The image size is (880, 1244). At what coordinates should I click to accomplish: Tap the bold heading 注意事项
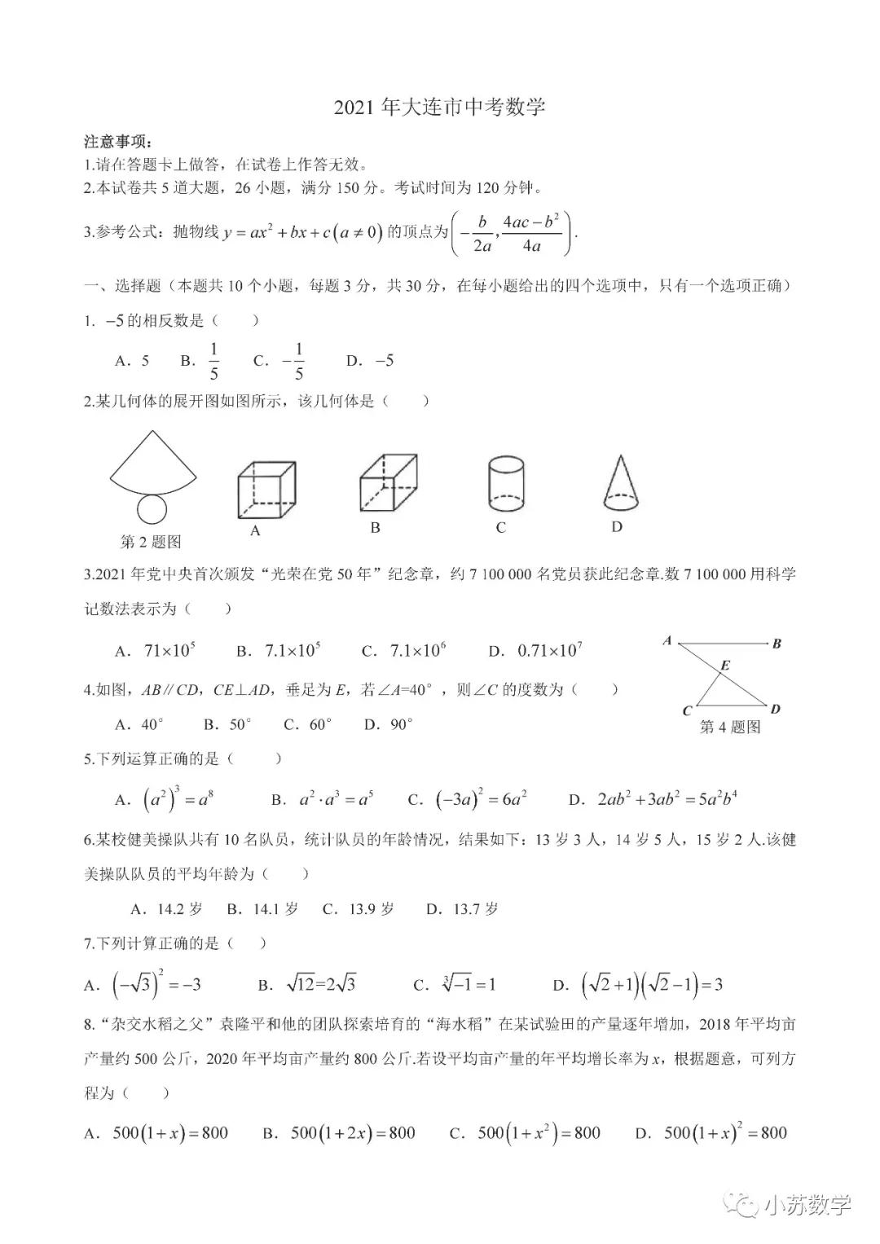click(118, 142)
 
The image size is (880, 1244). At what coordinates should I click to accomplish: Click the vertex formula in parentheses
click(512, 234)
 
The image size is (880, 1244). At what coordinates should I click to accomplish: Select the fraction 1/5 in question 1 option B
click(213, 362)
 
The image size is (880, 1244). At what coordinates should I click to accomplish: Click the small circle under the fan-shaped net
click(152, 509)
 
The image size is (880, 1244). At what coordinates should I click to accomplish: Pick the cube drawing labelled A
click(266, 489)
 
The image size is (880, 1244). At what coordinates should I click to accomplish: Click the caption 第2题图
click(151, 542)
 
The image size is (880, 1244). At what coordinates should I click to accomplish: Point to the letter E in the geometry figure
click(725, 666)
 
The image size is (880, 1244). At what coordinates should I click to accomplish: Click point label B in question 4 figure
click(777, 644)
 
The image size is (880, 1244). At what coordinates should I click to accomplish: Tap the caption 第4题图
click(730, 727)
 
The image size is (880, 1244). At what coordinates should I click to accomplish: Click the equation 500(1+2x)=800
click(352, 1132)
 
